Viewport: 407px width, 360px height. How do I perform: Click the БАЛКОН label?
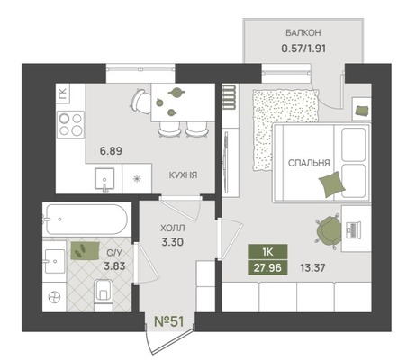coord(303,32)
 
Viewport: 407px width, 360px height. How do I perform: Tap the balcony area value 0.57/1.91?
coord(303,48)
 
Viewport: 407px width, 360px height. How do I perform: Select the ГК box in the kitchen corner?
coord(63,94)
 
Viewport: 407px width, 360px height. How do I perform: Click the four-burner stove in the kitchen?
coord(71,124)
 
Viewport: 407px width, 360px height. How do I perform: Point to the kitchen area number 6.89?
coord(111,151)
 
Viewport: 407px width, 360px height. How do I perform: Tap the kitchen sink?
coord(104,179)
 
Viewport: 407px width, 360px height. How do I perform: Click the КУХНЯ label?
coord(183,175)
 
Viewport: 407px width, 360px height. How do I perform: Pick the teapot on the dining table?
coord(176,92)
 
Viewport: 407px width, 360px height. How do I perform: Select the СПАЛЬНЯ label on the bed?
coord(309,163)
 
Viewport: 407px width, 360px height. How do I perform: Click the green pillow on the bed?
coord(331,184)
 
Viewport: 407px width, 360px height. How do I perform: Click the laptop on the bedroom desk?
coord(353,230)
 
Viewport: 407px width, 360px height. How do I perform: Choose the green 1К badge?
coord(267,252)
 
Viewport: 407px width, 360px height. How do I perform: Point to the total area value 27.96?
coord(267,267)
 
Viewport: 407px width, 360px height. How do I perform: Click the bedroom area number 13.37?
coord(312,267)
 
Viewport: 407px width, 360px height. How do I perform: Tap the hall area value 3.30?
coord(172,242)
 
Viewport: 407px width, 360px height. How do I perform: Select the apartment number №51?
coord(168,321)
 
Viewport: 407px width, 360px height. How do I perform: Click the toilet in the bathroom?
coord(104,294)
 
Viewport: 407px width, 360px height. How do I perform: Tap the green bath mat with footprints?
coord(85,251)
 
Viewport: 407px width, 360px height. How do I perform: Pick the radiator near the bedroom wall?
coord(230,97)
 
